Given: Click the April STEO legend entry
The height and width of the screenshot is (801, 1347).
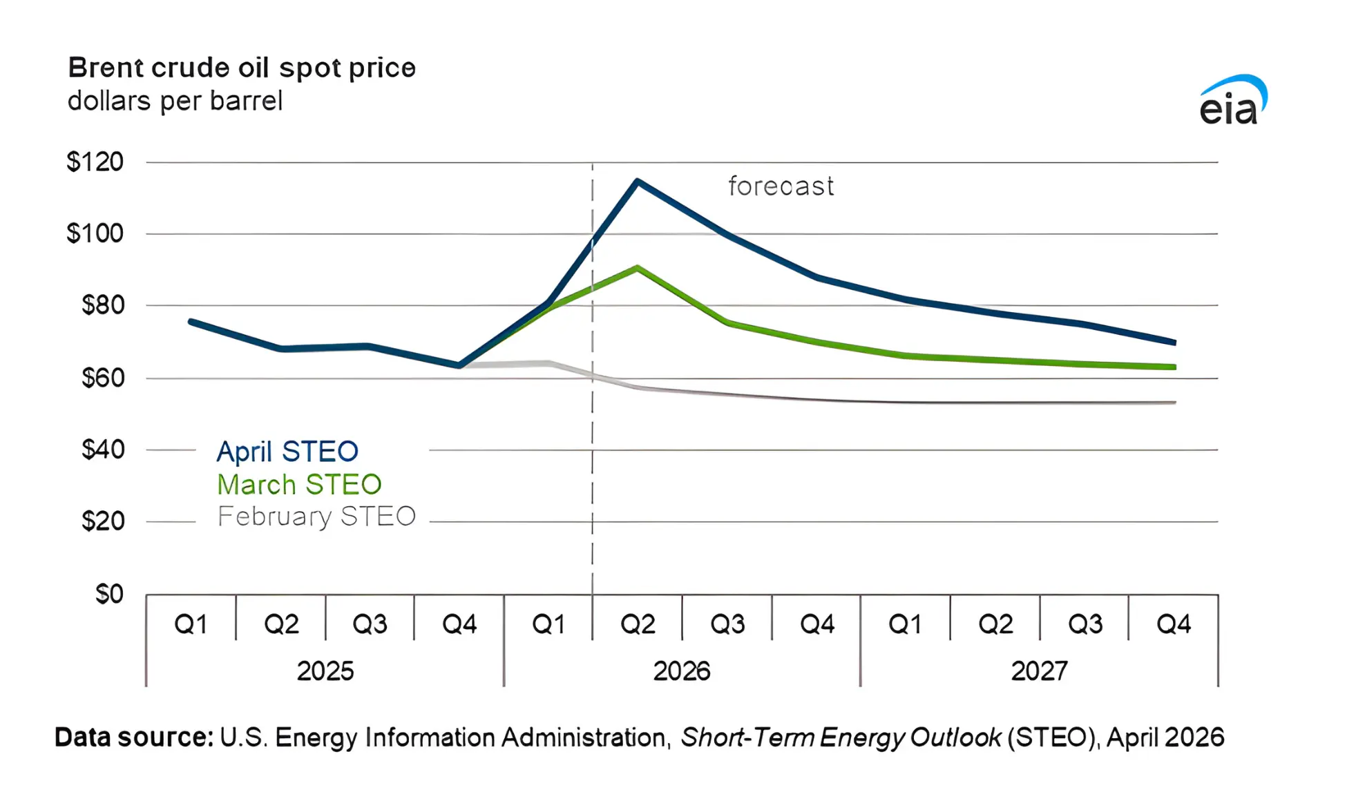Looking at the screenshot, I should [x=287, y=452].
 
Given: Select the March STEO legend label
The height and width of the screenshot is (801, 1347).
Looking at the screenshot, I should [x=299, y=485].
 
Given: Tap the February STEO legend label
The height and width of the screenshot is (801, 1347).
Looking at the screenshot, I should [x=316, y=517].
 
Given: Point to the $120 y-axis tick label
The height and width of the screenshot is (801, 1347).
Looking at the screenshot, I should [x=95, y=162].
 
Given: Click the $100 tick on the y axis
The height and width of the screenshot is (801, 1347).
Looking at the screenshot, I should [x=95, y=233].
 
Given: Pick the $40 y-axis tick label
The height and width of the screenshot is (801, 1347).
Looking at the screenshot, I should [x=102, y=450].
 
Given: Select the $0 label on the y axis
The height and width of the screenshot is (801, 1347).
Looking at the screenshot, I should [x=109, y=594].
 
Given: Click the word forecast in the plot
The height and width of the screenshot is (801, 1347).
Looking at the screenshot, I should [x=781, y=186].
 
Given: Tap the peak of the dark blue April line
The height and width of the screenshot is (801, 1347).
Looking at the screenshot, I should [x=637, y=181].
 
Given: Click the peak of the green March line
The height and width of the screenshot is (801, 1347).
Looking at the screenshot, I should [x=637, y=267].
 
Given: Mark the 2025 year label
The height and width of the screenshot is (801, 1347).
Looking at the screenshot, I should [x=325, y=671].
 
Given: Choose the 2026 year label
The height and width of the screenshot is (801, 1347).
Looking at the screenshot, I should [x=682, y=671].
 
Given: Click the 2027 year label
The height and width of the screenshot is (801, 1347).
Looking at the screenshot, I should [x=1039, y=671].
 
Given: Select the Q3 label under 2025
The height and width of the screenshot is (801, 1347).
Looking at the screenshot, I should [x=370, y=624].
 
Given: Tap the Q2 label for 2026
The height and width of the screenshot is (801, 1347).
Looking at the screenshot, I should [x=637, y=624].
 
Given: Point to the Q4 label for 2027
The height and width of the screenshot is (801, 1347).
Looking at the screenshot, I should [x=1173, y=624].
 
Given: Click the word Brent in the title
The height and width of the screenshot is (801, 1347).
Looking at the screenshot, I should [x=105, y=68].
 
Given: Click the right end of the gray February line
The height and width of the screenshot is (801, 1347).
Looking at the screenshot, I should [x=1174, y=403].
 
